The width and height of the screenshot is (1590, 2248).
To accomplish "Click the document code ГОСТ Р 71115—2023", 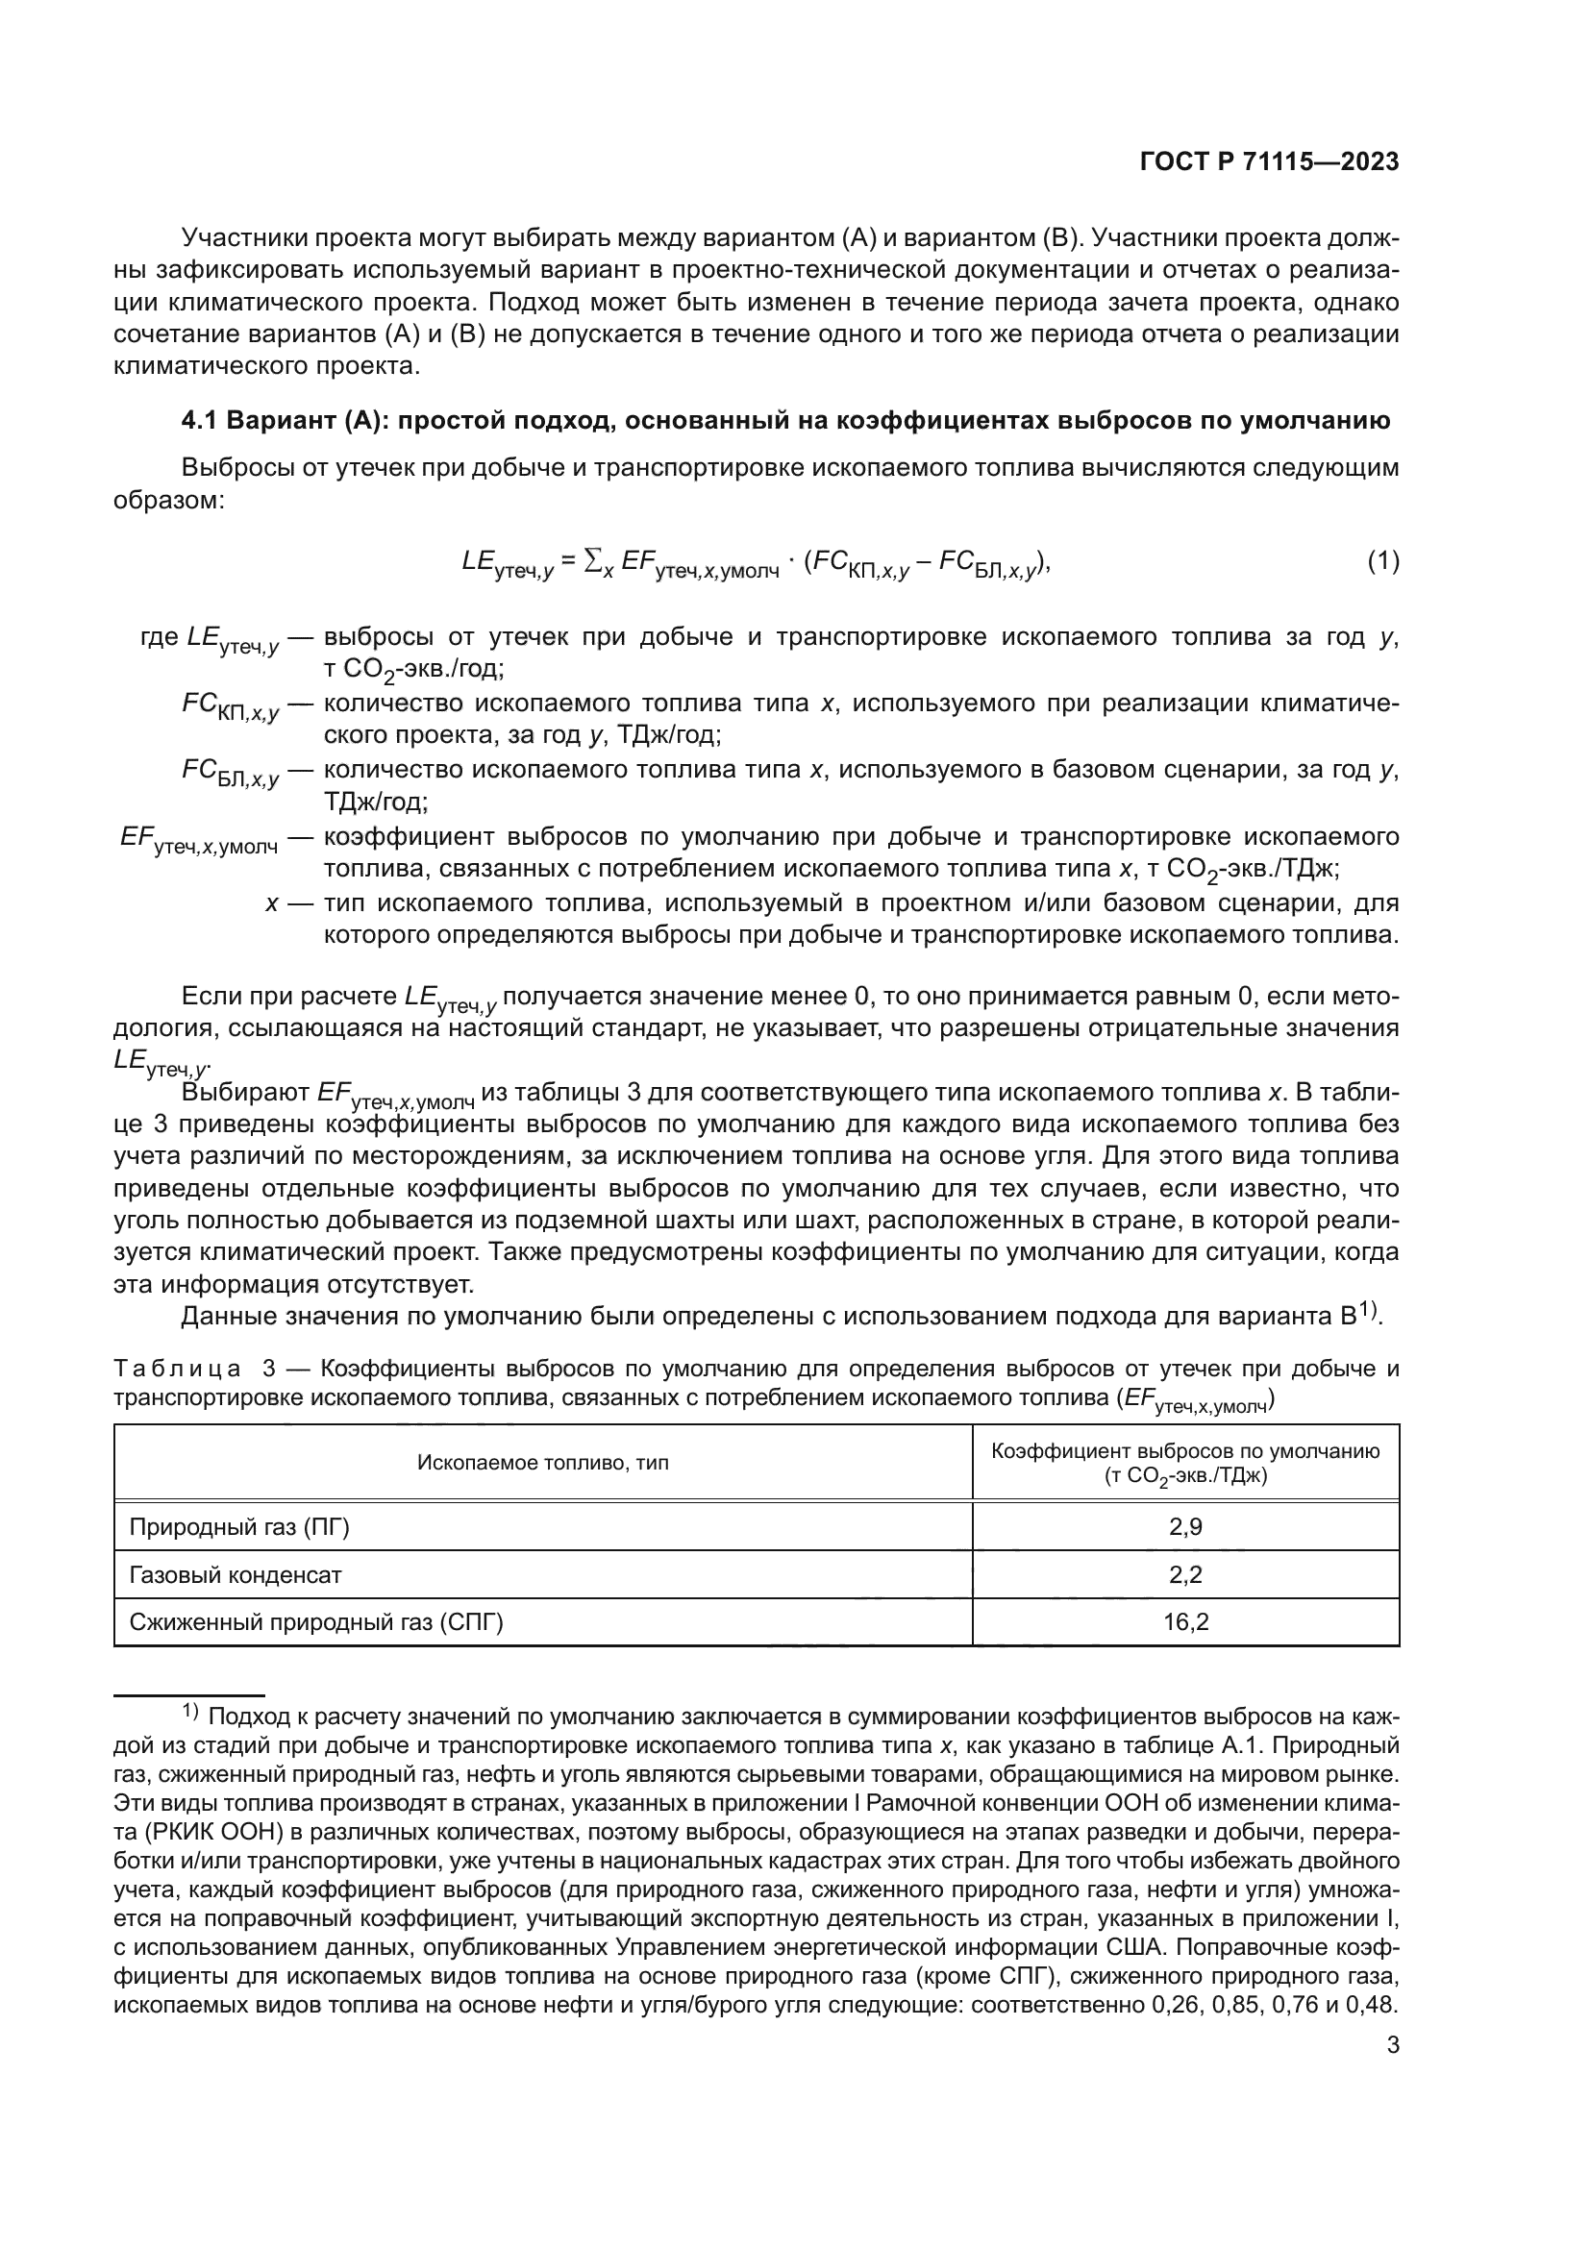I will (x=1269, y=162).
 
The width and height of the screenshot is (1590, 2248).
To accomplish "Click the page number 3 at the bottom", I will (x=1393, y=2074).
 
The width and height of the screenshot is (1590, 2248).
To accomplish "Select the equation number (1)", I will (x=1382, y=562).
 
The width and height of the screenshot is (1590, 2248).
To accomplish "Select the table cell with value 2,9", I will (x=1184, y=1526).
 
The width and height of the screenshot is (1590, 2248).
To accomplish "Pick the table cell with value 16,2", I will (x=1184, y=1622).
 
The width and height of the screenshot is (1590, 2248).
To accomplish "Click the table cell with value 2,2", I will (x=1184, y=1574).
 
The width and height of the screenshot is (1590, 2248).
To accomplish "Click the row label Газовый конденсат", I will (x=235, y=1574).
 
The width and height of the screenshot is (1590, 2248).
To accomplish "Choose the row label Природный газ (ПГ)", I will (x=239, y=1526).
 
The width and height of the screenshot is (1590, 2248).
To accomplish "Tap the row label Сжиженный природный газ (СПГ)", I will (x=315, y=1622).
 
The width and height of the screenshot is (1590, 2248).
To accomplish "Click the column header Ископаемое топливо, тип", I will (x=542, y=1463).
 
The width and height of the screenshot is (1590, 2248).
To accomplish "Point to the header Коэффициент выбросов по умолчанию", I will (x=1184, y=1451).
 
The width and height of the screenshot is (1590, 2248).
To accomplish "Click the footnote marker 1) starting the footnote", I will (x=190, y=1713).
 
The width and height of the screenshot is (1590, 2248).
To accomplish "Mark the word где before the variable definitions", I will (x=160, y=637).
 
